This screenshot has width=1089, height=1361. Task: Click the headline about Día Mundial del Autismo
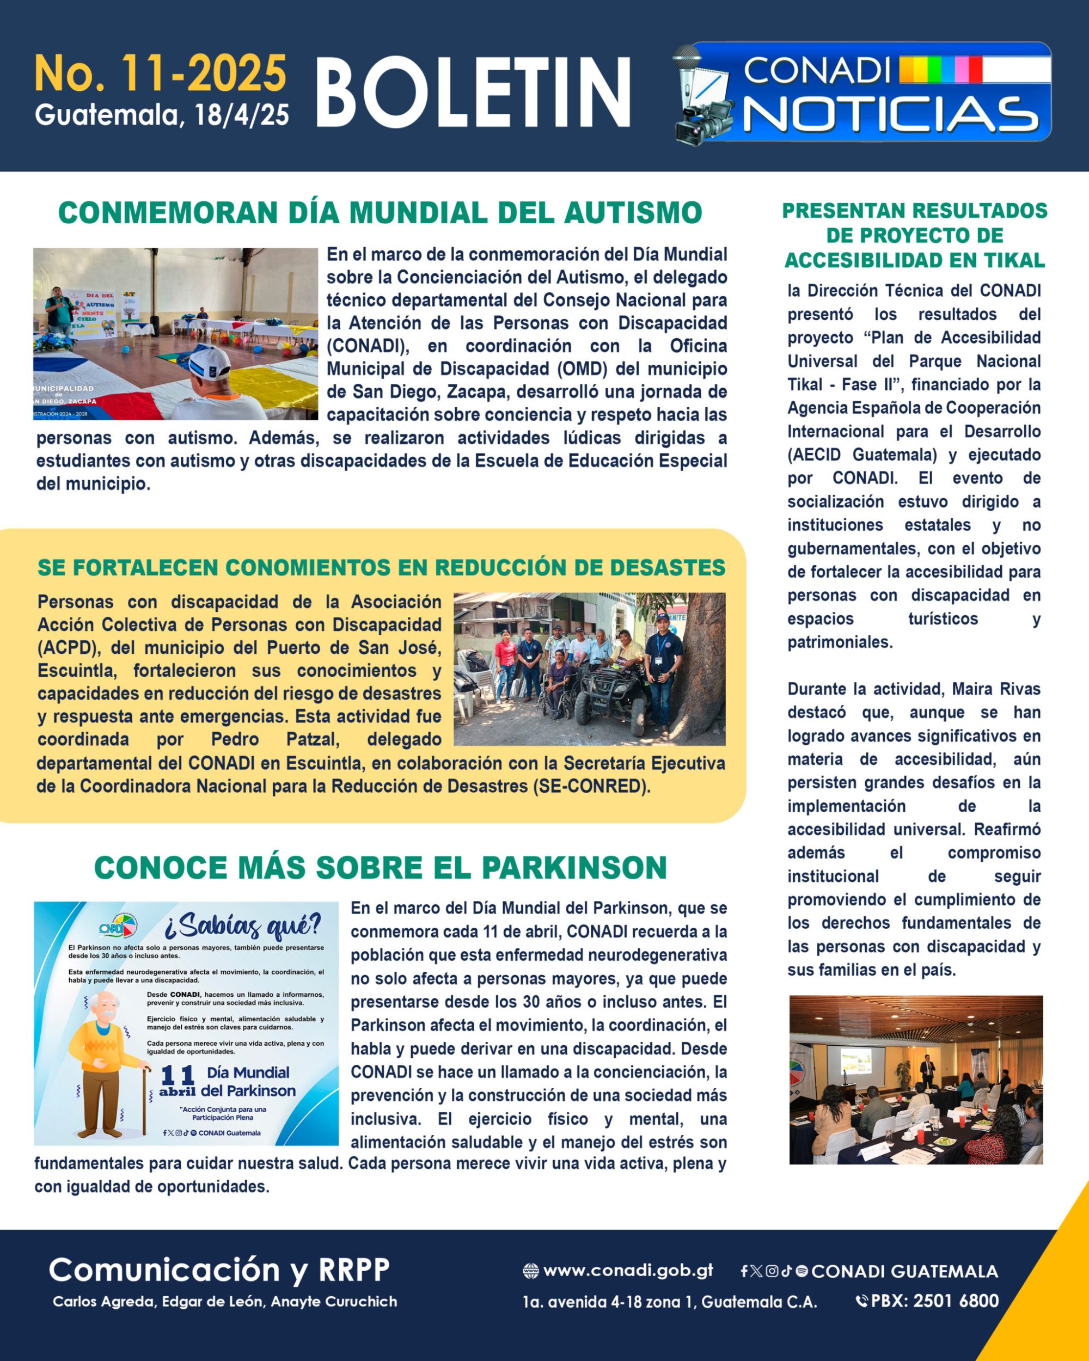click(x=380, y=213)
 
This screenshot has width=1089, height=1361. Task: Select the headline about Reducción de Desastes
click(x=381, y=567)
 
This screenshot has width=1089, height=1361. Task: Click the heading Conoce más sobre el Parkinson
click(x=380, y=867)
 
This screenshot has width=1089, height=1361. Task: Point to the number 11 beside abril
click(x=178, y=1074)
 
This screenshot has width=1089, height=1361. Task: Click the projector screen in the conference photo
click(x=855, y=1061)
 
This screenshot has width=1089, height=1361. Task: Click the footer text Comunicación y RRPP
click(x=219, y=1270)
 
